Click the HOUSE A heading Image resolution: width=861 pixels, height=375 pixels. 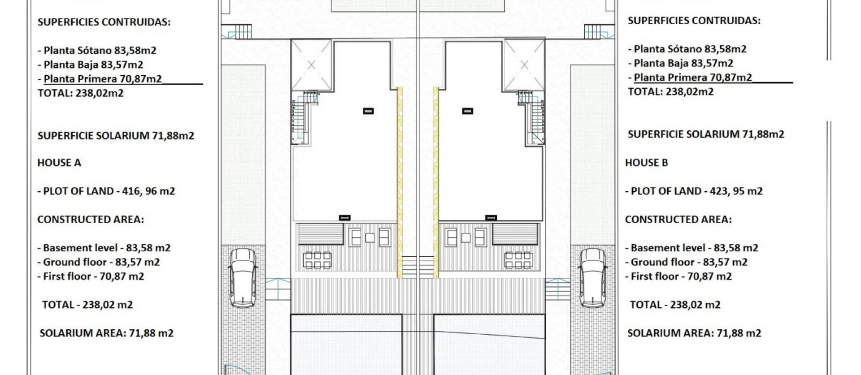pos(59,163)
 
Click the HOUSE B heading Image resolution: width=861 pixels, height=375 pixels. pos(646,163)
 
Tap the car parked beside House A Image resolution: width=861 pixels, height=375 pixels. pos(244,278)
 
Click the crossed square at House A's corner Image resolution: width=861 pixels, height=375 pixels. pos(311,65)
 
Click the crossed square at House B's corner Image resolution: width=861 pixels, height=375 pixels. pos(524,65)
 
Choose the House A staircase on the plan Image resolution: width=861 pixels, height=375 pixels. pos(300,119)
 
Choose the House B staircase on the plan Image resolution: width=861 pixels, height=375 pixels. pos(535,119)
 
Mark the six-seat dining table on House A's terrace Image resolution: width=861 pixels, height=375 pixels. pos(317,260)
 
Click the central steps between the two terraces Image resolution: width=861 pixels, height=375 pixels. pos(417,267)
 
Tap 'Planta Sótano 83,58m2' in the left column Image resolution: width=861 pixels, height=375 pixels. pos(100,50)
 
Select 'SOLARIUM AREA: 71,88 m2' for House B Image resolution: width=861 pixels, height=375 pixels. pos(694,333)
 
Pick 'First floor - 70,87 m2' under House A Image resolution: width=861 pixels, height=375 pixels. pos(93,276)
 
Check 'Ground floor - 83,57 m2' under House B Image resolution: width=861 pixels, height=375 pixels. pos(686,262)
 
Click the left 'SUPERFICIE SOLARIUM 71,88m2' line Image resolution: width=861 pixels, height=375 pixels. pos(116,136)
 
